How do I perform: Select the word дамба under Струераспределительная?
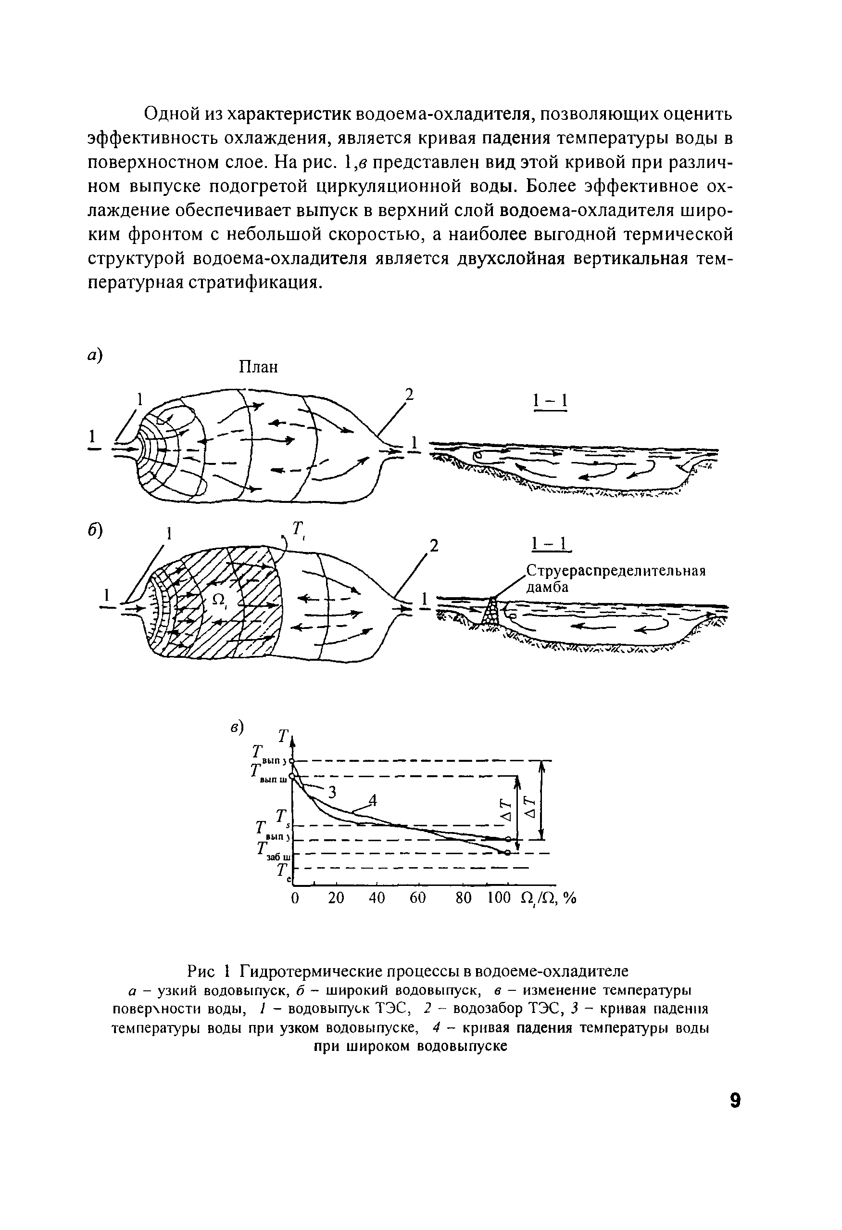[547, 588]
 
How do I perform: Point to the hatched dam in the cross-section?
[491, 610]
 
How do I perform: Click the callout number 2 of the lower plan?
[434, 546]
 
